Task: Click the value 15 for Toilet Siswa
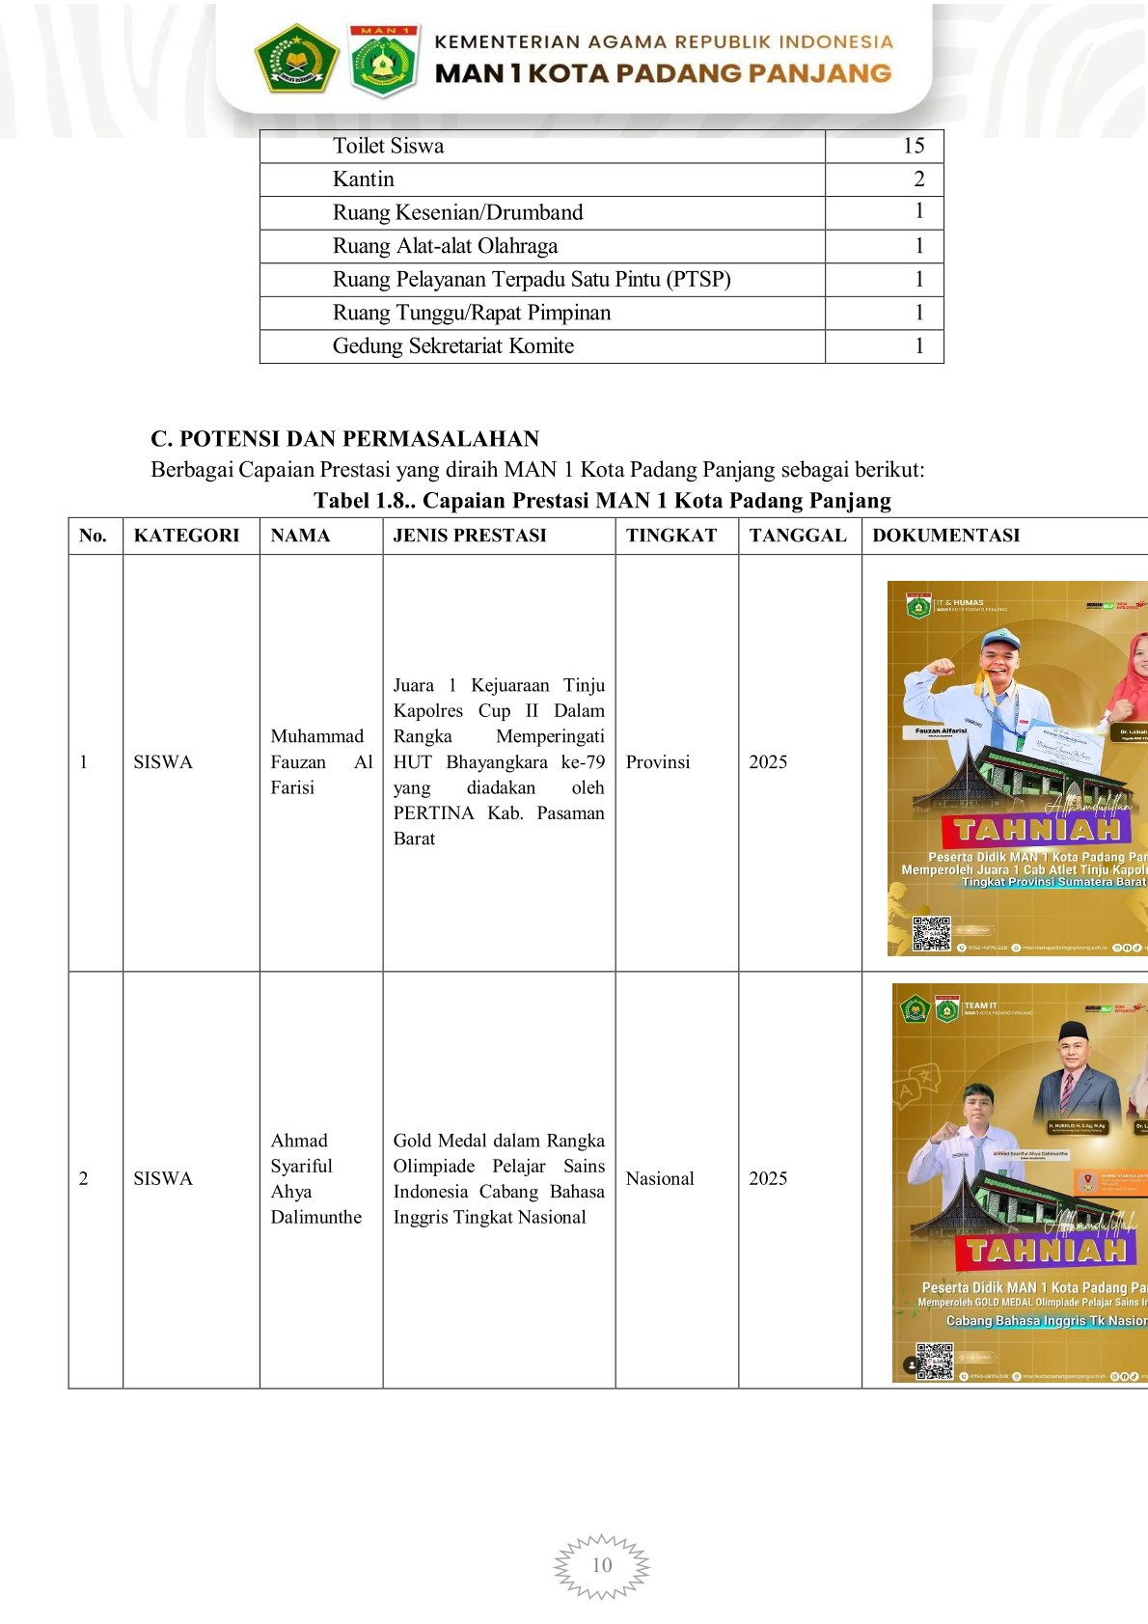click(x=913, y=146)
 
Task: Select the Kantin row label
click(x=363, y=179)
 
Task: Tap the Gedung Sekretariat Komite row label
click(x=452, y=346)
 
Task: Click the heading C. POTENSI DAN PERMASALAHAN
click(x=344, y=439)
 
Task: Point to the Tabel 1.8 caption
click(x=602, y=501)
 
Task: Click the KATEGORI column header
click(x=186, y=536)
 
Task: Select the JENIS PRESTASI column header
click(x=470, y=536)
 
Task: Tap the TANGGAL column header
click(x=798, y=536)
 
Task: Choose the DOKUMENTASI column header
click(x=945, y=536)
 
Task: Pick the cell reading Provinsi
click(x=658, y=762)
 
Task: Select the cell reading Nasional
click(x=660, y=1179)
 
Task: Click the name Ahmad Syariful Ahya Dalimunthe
click(x=315, y=1179)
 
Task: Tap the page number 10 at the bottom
click(x=602, y=1565)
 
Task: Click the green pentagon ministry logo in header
click(x=295, y=59)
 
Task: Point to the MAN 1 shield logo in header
click(x=383, y=61)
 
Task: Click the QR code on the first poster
click(x=932, y=933)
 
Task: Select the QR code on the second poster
click(x=934, y=1361)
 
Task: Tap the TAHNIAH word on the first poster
click(x=1037, y=829)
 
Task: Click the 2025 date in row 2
click(x=768, y=1179)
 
